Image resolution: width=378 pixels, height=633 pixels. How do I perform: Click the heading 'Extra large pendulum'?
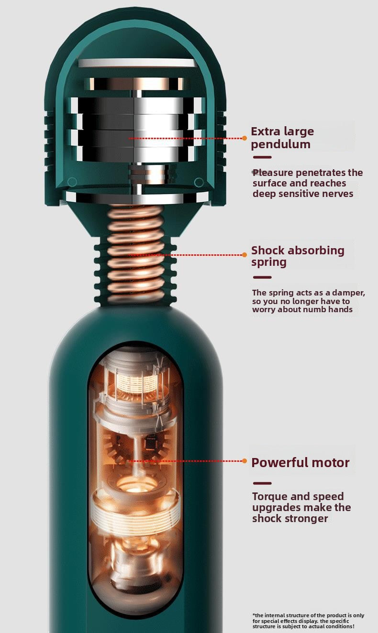(282, 138)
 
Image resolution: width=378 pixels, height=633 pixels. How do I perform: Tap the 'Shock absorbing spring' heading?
(298, 256)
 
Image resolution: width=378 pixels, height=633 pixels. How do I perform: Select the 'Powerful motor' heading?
(300, 463)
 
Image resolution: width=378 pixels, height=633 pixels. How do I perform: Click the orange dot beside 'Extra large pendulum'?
(245, 138)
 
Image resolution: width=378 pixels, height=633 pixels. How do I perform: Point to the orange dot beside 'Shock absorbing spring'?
(245, 255)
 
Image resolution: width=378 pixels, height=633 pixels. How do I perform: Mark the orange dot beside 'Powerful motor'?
(245, 461)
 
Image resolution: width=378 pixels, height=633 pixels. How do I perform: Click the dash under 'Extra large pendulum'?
(262, 157)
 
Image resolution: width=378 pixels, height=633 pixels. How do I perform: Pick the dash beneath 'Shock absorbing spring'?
(262, 277)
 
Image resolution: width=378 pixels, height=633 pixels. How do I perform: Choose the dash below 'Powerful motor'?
(262, 483)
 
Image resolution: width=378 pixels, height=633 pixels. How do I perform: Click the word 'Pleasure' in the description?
(272, 173)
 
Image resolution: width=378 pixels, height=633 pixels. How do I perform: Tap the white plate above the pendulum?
(138, 63)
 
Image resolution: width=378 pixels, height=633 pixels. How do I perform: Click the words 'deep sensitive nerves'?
(303, 194)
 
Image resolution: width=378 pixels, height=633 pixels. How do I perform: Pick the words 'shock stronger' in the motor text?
(290, 519)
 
